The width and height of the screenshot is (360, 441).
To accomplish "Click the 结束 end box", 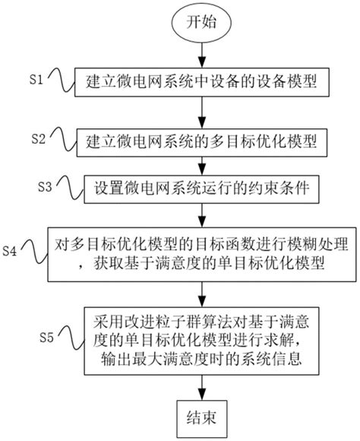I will [201, 417].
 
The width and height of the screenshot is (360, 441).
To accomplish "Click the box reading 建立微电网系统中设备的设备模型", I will [201, 80].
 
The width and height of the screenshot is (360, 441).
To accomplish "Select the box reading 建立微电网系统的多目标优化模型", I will [201, 140].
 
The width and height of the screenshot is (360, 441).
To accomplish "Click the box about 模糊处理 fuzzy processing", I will [201, 250].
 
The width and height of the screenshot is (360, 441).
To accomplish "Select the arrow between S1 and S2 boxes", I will [201, 109].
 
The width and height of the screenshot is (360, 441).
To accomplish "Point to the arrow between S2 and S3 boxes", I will [201, 163].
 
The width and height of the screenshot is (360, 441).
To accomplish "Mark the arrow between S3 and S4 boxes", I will [201, 212].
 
